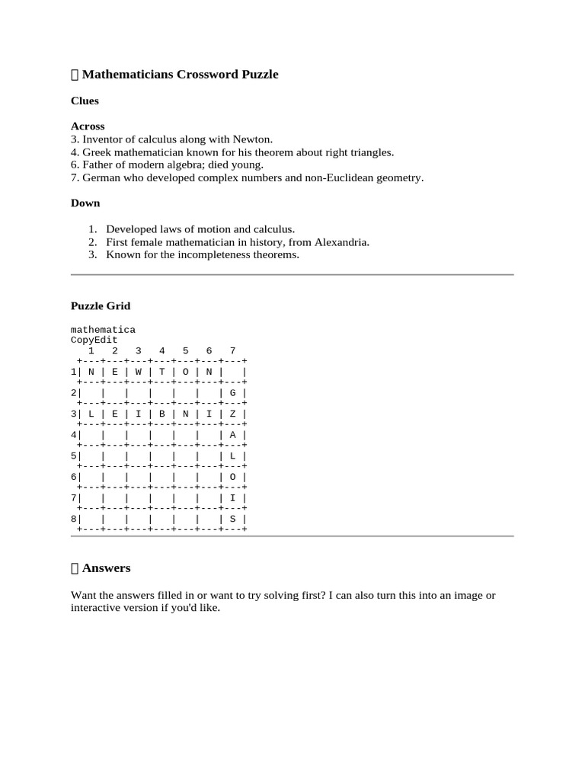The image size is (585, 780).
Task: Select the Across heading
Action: (x=88, y=126)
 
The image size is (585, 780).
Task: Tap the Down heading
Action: (x=85, y=203)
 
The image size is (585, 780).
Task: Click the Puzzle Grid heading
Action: (x=101, y=306)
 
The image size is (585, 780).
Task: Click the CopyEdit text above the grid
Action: (x=94, y=340)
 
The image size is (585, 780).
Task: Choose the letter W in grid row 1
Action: (x=139, y=372)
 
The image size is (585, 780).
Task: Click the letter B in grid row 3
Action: (x=162, y=414)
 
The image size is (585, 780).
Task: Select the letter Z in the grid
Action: (x=233, y=414)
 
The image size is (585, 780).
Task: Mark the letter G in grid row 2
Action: (x=233, y=393)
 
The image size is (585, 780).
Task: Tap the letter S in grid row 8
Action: (x=233, y=519)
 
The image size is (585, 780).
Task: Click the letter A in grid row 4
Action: (x=233, y=435)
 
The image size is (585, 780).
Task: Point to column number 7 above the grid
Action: (x=232, y=351)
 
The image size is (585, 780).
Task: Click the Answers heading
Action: (x=106, y=568)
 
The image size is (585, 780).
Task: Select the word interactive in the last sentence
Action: (x=97, y=609)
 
